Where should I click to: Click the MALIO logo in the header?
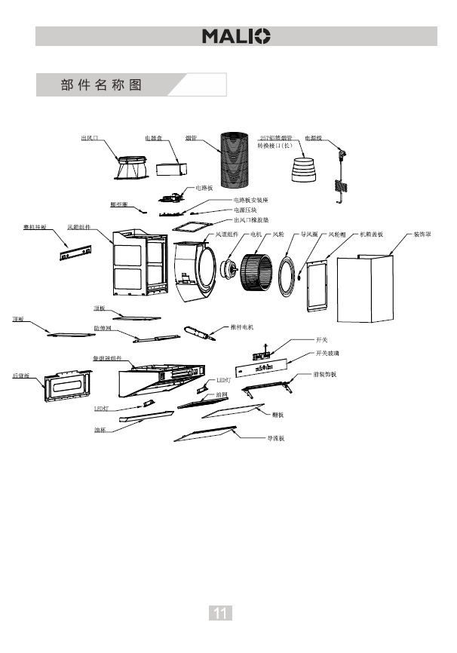(236, 36)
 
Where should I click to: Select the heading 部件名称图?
(101, 84)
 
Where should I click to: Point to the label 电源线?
(313, 139)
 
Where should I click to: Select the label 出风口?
(90, 139)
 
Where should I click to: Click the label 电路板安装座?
(251, 200)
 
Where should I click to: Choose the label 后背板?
(22, 375)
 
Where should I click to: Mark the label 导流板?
(275, 437)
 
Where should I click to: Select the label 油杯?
(100, 429)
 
